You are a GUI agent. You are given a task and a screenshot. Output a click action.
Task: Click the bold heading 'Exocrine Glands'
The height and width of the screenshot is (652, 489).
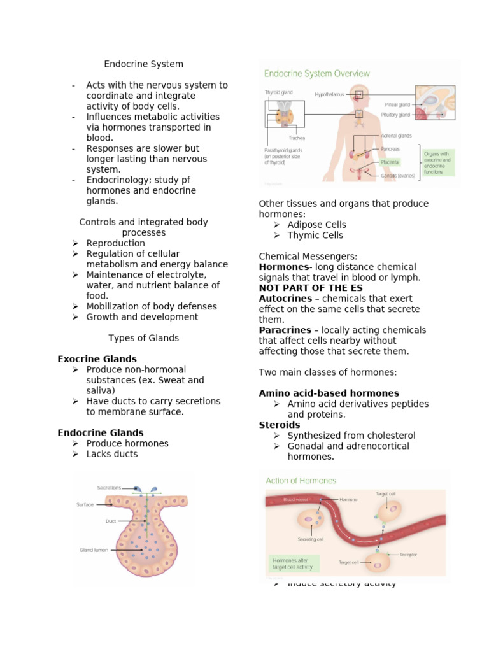click(97, 359)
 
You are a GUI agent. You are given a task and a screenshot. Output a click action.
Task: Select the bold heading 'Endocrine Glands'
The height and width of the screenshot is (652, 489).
click(100, 433)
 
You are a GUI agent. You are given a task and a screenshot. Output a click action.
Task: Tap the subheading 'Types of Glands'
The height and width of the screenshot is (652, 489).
click(143, 338)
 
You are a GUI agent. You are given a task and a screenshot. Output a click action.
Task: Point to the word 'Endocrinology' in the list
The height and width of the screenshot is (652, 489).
click(117, 180)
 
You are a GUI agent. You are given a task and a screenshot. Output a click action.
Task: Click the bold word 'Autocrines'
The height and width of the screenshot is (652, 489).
click(285, 299)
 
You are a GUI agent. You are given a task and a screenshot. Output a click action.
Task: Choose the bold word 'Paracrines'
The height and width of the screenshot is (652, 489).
click(285, 330)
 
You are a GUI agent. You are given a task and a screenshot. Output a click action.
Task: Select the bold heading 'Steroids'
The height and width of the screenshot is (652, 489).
click(279, 425)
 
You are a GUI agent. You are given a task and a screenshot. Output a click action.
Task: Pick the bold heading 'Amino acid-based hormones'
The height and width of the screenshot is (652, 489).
click(329, 393)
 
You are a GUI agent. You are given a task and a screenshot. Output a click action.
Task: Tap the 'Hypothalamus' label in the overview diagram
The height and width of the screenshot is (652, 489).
click(329, 94)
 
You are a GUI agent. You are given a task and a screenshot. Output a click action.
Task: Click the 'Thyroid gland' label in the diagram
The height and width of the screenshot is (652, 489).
click(278, 92)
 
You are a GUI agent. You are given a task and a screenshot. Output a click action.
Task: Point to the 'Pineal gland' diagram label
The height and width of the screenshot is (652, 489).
click(398, 104)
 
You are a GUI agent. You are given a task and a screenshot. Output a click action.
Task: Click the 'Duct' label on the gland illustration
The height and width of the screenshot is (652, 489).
click(110, 521)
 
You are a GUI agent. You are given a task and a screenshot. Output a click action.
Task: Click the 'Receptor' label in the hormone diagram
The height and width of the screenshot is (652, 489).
click(408, 555)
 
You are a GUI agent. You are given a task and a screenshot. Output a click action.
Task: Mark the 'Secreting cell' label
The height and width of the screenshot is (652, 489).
click(311, 539)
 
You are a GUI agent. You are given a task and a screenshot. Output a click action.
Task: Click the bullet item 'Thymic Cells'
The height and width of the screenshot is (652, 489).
click(315, 236)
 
